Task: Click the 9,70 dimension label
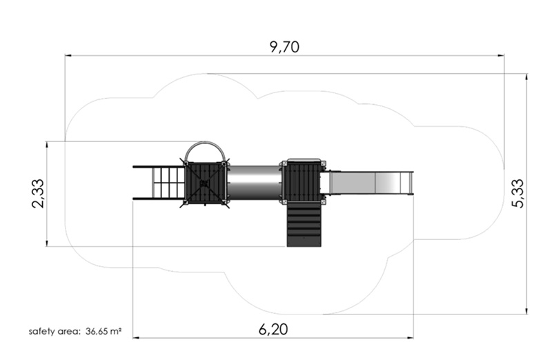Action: point(284,47)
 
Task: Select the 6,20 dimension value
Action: point(273,330)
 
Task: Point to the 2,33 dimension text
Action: point(39,194)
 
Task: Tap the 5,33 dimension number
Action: point(518,194)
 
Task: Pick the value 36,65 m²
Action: point(103,331)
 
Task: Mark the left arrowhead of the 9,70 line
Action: point(68,55)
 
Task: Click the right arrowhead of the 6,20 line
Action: point(410,338)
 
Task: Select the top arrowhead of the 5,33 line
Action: point(526,77)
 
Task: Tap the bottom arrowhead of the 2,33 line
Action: point(46,243)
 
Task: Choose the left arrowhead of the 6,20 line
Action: point(136,338)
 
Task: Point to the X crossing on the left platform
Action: point(204,183)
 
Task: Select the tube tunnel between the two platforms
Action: point(255,183)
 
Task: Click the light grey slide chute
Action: point(368,182)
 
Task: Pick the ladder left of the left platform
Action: point(159,183)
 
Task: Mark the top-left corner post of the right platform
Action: point(284,163)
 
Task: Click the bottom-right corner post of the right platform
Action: point(324,202)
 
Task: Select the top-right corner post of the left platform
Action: point(224,164)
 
